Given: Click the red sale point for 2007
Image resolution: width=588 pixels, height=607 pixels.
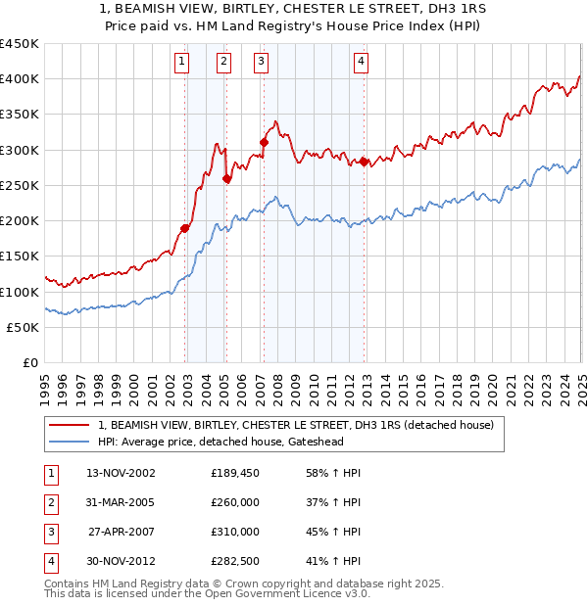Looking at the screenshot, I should point(264,142).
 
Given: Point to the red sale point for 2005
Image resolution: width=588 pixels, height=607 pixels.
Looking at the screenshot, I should point(226,178).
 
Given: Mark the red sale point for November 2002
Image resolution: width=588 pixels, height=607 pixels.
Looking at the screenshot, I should point(184,228).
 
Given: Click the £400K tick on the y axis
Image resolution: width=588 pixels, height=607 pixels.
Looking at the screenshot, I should point(20,78).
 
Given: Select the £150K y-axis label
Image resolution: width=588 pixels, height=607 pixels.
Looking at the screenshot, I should point(20,257).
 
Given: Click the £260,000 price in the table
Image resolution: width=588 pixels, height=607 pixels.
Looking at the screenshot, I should point(235,502).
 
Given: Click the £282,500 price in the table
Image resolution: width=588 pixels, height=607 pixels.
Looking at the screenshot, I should point(235,561).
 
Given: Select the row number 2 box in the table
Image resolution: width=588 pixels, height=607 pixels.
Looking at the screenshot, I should point(50,502).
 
